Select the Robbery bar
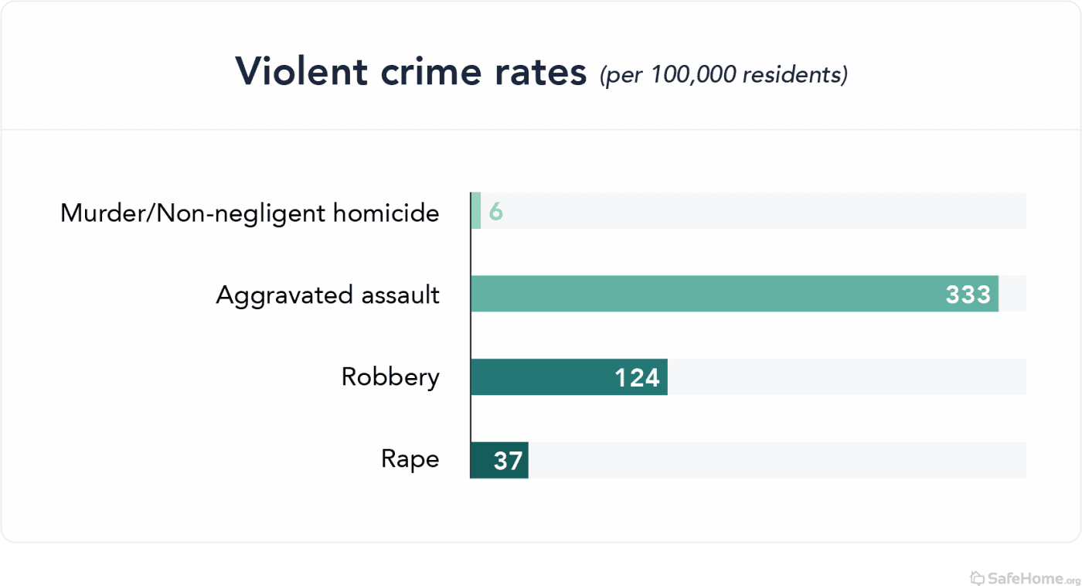tap(569, 377)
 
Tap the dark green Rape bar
tap(499, 461)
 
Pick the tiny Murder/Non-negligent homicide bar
tap(476, 210)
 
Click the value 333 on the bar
tap(968, 295)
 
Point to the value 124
tap(637, 378)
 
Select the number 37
tap(509, 462)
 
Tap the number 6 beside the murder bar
tap(496, 212)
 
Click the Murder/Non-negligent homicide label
tap(250, 212)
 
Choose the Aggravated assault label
tap(328, 295)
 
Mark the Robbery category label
tap(390, 377)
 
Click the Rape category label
tap(410, 460)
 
